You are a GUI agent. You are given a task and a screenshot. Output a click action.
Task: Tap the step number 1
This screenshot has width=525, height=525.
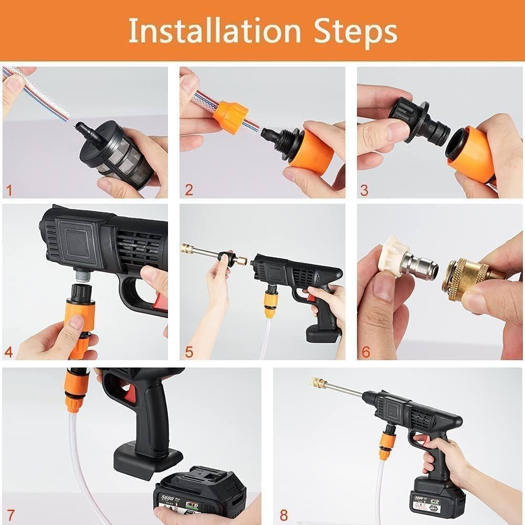(x=9, y=190)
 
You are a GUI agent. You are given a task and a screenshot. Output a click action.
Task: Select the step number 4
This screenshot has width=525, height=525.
(x=9, y=351)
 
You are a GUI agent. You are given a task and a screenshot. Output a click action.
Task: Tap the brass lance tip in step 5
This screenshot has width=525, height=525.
(x=187, y=248)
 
